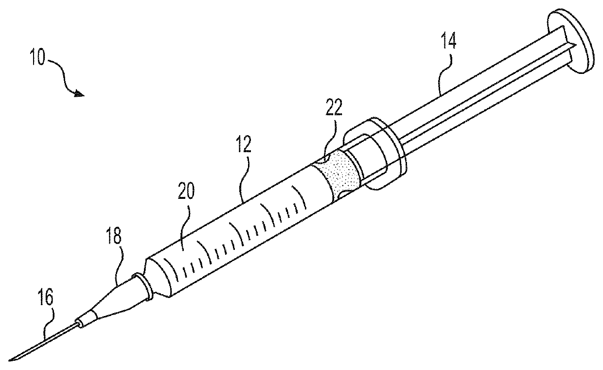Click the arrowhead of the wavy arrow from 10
point(80,94)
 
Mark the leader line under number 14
point(440,75)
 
